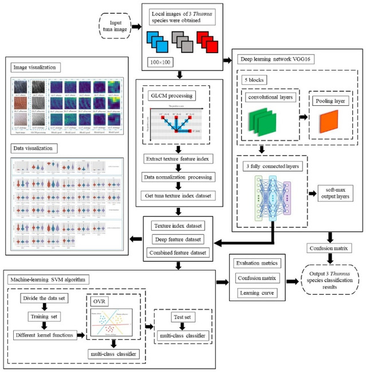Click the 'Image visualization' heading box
pyautogui.click(x=36, y=68)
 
